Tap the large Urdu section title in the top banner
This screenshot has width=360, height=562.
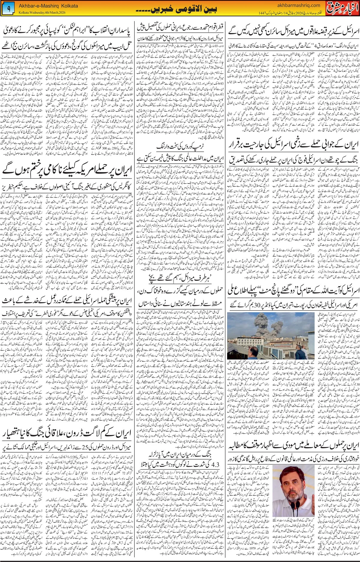180,10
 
